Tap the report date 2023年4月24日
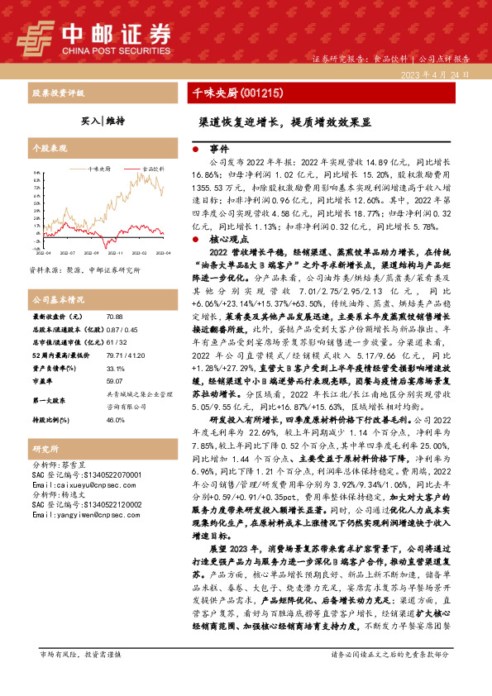[433, 74]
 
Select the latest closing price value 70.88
[115, 317]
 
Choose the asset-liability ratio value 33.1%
[116, 369]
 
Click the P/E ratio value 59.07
[115, 381]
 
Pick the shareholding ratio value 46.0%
[116, 420]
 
